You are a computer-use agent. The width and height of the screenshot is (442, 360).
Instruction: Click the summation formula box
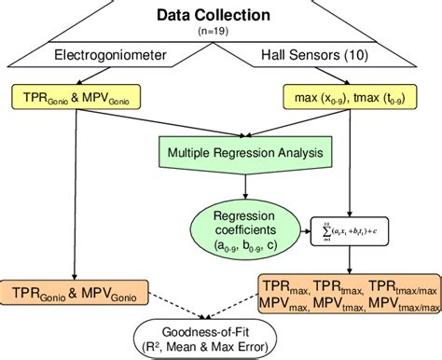[350, 225]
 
